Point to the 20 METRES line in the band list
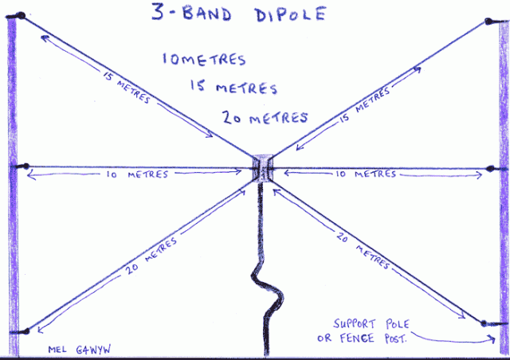coord(265,118)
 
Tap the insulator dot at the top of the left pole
coord(22,17)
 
